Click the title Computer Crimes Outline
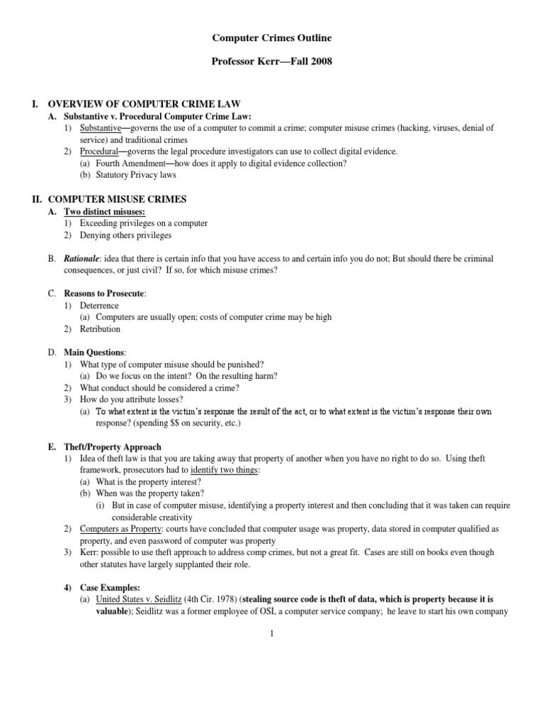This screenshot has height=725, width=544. tap(272, 37)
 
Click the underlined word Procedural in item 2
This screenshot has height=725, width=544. tap(98, 152)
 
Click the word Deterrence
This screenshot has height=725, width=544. tap(101, 306)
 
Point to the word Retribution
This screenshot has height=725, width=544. tap(101, 329)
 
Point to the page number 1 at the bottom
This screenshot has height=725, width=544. tap(271, 634)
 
